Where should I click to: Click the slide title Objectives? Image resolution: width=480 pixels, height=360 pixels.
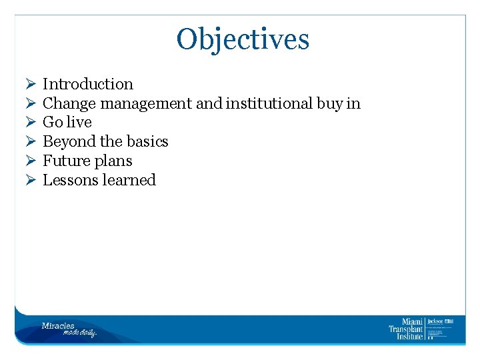coord(243,39)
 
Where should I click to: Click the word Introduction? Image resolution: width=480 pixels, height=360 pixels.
coord(88,84)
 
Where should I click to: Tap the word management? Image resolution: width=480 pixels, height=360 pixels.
coord(146,103)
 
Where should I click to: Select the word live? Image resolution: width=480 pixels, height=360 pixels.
coord(79,123)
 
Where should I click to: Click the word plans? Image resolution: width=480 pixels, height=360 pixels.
coord(113,161)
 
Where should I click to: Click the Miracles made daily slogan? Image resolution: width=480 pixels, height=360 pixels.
coord(69,329)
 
